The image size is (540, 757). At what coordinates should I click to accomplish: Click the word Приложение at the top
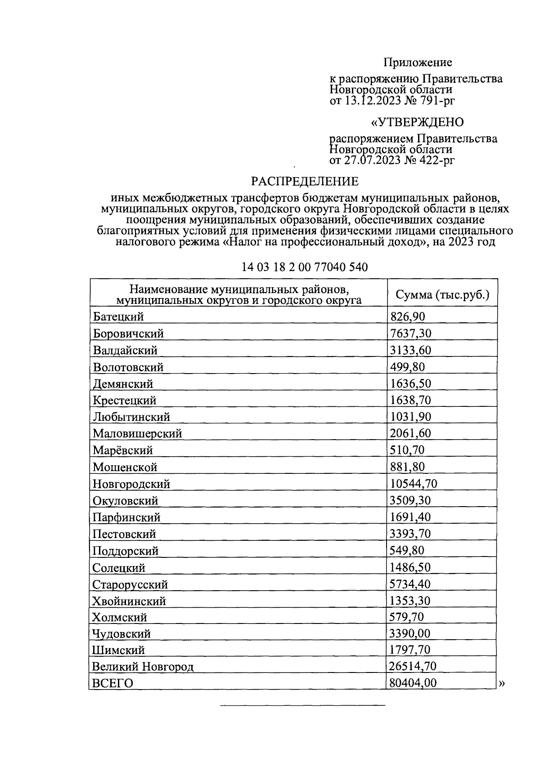(418, 62)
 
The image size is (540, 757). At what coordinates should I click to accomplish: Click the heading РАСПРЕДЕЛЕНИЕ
(305, 181)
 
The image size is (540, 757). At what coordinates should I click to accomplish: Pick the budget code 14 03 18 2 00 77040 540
(305, 267)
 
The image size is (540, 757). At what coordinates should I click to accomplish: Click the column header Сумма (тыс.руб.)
(442, 295)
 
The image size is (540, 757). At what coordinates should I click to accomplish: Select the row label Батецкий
(118, 316)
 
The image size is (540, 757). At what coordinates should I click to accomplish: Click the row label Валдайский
(125, 350)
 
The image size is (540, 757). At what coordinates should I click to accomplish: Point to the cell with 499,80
(407, 367)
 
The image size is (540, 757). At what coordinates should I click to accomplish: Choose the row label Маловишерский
(137, 433)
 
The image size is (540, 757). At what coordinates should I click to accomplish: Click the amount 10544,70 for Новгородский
(414, 484)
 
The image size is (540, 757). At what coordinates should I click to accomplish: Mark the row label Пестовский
(124, 534)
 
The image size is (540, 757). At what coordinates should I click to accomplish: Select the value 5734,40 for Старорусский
(410, 584)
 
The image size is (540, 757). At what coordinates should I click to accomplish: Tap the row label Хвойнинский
(129, 601)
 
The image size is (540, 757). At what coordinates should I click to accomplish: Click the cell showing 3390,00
(410, 634)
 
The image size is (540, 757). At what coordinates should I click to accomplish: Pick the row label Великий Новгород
(143, 666)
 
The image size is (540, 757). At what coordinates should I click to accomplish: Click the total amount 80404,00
(414, 683)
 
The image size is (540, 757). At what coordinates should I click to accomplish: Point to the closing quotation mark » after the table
(502, 684)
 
